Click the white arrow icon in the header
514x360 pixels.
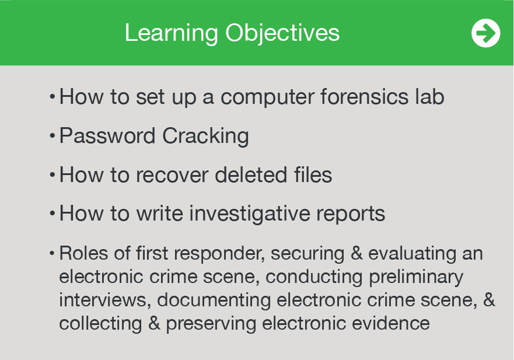486,33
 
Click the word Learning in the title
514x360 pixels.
171,33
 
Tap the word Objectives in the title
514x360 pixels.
282,33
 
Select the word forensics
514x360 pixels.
364,96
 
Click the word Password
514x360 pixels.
107,136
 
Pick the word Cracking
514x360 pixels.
205,137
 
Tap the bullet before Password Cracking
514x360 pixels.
52,135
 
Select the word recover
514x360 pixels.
172,175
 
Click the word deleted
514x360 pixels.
251,174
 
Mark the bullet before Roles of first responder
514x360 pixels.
52,253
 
